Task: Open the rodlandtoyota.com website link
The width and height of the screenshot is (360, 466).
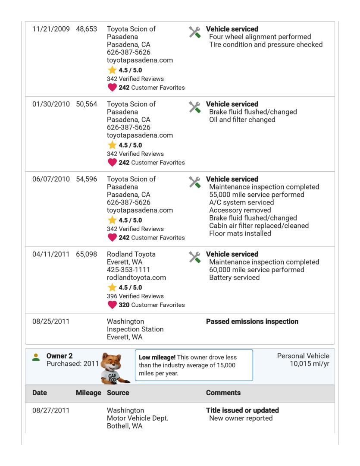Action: click(136, 278)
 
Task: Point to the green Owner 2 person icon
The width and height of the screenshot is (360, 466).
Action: click(37, 357)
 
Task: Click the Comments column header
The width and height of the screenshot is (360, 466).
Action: click(223, 394)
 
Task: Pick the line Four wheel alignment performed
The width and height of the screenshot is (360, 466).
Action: click(260, 37)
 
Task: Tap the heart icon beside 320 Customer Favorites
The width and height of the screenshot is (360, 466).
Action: click(112, 305)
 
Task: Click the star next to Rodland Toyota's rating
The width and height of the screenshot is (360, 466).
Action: click(112, 287)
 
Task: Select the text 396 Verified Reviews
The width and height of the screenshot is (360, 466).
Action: click(135, 296)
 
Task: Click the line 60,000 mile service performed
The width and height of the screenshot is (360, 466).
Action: click(256, 270)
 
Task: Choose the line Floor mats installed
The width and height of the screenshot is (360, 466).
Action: click(240, 233)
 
